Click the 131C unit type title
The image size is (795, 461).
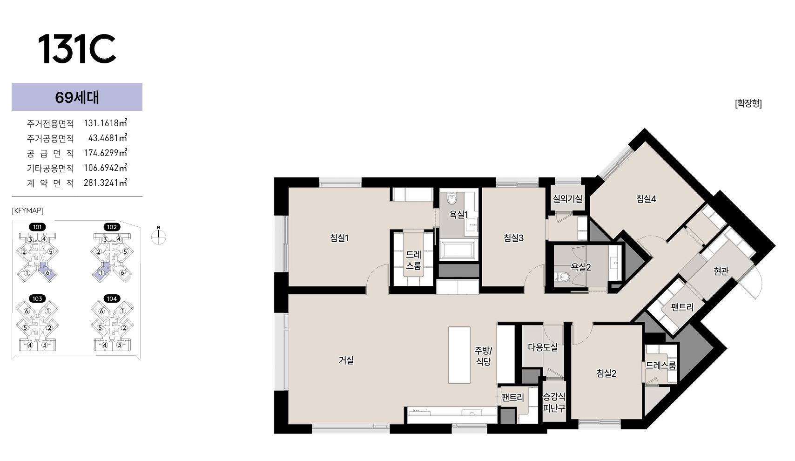click(77, 48)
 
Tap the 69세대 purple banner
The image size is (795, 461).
click(77, 97)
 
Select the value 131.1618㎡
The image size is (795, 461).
click(105, 123)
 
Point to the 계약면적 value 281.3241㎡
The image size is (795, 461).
click(105, 183)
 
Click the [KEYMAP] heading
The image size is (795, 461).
click(27, 210)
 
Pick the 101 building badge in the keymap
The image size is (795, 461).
click(37, 227)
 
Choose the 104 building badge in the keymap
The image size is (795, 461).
click(112, 298)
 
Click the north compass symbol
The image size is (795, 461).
click(159, 236)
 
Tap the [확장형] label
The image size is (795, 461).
click(748, 103)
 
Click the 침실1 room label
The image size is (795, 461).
click(339, 237)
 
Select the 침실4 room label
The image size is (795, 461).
click(647, 198)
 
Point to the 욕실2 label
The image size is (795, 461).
click(580, 267)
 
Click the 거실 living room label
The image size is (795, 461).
click(346, 360)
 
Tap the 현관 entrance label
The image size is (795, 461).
click(721, 271)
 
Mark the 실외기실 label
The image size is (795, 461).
click(567, 198)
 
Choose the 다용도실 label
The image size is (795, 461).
click(543, 347)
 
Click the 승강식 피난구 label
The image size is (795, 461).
click(554, 402)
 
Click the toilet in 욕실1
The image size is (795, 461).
click(452, 198)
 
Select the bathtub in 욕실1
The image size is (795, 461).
click(458, 249)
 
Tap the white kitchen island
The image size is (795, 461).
click(459, 355)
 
